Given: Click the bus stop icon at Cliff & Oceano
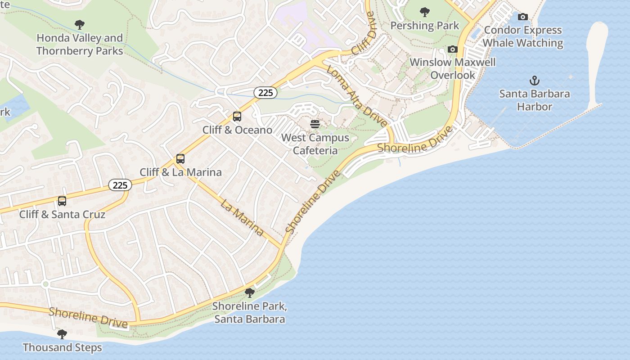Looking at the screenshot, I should pyautogui.click(x=237, y=117).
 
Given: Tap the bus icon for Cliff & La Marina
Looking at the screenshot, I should pyautogui.click(x=180, y=159).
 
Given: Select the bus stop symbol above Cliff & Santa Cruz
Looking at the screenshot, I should pyautogui.click(x=62, y=201).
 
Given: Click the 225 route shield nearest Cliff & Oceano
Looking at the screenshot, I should pyautogui.click(x=265, y=93).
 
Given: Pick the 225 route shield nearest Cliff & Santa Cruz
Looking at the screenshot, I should pyautogui.click(x=120, y=184).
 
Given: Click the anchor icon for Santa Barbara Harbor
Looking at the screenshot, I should pyautogui.click(x=534, y=81).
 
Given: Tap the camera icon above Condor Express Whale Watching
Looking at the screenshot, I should pyautogui.click(x=523, y=17).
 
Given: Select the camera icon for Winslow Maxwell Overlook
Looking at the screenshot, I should pyautogui.click(x=453, y=49).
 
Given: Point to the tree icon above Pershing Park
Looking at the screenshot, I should pyautogui.click(x=424, y=12).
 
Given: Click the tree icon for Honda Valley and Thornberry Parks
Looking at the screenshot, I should pyautogui.click(x=80, y=24).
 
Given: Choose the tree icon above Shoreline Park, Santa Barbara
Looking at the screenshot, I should pyautogui.click(x=249, y=293).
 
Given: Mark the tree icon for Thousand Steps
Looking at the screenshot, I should pyautogui.click(x=62, y=334).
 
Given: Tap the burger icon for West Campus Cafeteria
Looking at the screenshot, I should pyautogui.click(x=315, y=124).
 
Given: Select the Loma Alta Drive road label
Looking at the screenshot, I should pyautogui.click(x=356, y=96).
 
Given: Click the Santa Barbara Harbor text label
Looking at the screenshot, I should pyautogui.click(x=534, y=100).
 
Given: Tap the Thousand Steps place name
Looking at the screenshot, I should pyautogui.click(x=62, y=347).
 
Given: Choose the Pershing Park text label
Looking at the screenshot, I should pyautogui.click(x=424, y=26).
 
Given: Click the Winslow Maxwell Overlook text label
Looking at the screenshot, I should pyautogui.click(x=453, y=68).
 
